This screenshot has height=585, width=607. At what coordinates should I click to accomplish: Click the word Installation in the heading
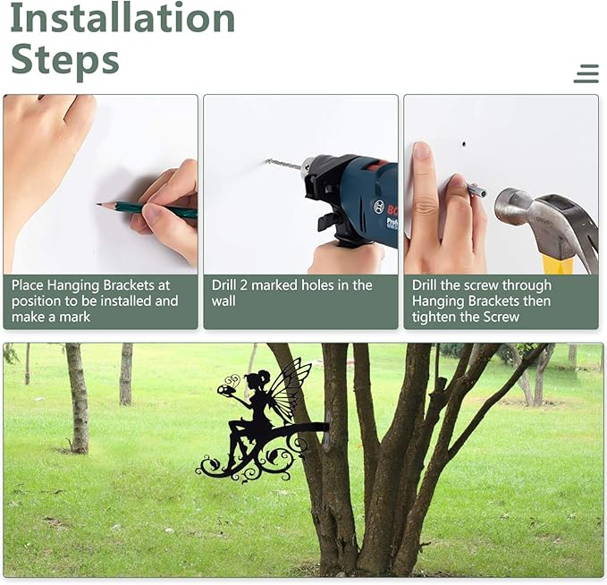tap(122, 18)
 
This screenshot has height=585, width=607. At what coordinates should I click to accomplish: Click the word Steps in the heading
tap(65, 61)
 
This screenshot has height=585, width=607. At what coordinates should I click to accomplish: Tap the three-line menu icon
tap(586, 73)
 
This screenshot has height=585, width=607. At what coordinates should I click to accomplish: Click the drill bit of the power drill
tap(283, 164)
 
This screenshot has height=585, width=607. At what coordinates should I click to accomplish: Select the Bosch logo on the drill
tap(378, 207)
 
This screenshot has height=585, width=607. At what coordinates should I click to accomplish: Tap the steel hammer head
tap(542, 221)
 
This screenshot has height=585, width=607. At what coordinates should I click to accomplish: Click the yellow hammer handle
tap(558, 264)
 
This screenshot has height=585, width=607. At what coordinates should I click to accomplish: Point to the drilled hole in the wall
tap(464, 145)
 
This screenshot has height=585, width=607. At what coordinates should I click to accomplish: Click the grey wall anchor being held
tap(477, 191)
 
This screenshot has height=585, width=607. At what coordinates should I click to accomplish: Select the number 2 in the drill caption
tap(243, 285)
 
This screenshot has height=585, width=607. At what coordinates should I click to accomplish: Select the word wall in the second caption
tap(223, 301)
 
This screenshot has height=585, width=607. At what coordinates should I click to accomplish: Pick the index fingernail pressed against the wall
tap(421, 150)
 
